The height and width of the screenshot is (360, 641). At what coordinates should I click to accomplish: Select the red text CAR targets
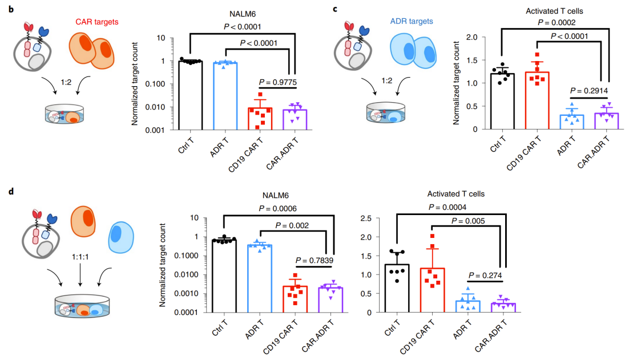[97, 22]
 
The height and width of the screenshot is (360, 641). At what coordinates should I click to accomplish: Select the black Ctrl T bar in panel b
[190, 95]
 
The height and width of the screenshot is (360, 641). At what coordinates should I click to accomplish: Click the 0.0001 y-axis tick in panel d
[201, 312]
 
